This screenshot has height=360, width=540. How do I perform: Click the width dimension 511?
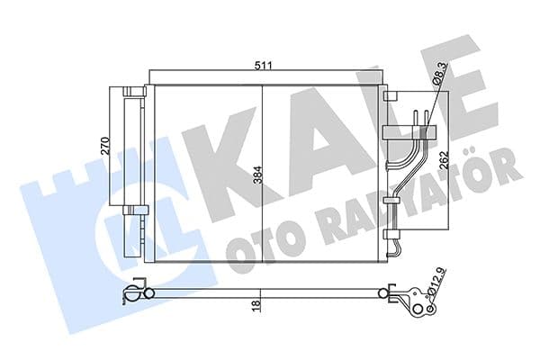[x=262, y=65]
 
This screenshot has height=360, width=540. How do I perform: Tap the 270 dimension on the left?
[x=104, y=146]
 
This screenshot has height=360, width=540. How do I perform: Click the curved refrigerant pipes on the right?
[x=410, y=166]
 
